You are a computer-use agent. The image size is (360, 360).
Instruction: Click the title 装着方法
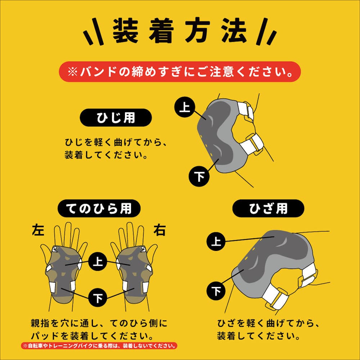(180, 31)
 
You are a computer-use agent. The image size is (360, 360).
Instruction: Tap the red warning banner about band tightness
(180, 72)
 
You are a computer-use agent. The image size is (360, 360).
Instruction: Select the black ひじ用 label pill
(116, 118)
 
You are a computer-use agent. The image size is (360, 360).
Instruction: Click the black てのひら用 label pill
(99, 208)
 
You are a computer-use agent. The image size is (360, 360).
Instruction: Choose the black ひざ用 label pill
(268, 208)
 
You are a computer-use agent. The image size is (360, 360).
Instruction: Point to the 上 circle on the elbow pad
(185, 107)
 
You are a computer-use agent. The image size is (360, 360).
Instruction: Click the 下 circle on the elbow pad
(199, 176)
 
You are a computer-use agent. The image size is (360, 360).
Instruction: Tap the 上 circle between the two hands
(98, 261)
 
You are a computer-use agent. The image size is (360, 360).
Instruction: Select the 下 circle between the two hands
(98, 298)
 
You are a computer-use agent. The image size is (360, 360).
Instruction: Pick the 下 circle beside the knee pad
(216, 291)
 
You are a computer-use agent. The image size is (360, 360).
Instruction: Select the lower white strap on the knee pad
(274, 297)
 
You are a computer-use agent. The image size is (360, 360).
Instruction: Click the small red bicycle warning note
(99, 346)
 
